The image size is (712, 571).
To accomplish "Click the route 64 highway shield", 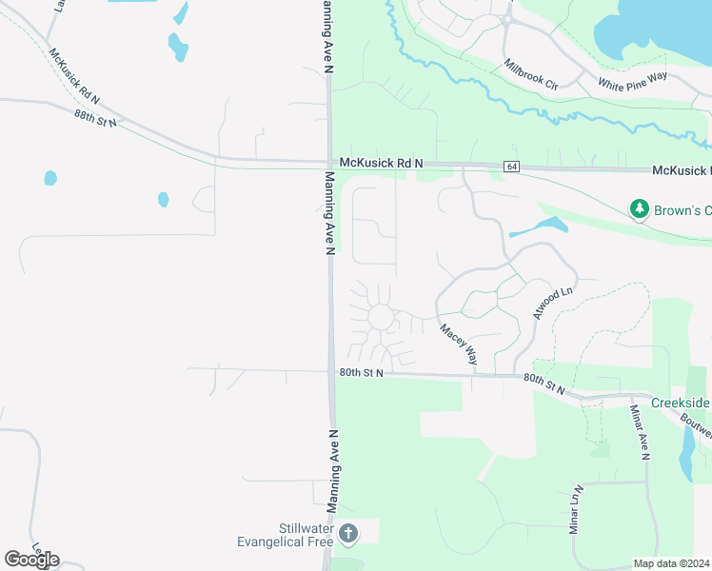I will [512, 167].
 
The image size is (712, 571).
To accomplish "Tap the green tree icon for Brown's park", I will [640, 207].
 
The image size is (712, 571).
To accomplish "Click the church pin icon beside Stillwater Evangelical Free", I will [348, 534].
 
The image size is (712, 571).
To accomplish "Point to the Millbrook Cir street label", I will [531, 73].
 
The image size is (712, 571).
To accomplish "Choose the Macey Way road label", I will [458, 344].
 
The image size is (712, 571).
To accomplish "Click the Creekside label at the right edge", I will [681, 403].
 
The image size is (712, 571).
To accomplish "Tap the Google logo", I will [31, 559].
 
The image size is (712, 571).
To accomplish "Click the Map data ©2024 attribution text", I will [671, 563].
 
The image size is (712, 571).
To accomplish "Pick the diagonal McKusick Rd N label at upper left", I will [73, 75].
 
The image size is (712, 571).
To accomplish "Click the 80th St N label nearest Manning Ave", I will [361, 372].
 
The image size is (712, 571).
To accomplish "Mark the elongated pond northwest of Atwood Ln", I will [539, 227].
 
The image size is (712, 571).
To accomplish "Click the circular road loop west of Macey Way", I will [381, 317].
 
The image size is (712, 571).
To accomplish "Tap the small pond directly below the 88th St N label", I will [50, 178].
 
